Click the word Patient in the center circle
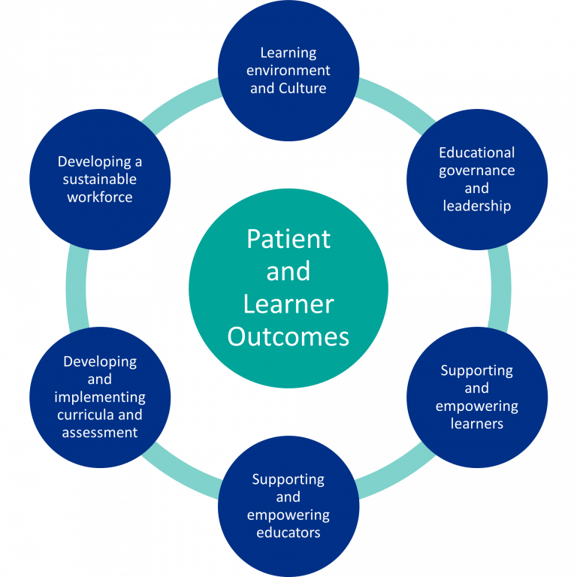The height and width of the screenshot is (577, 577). point(288,239)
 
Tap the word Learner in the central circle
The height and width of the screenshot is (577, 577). point(288,304)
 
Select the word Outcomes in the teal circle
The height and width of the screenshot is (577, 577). point(288,337)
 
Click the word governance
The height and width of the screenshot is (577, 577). point(477,171)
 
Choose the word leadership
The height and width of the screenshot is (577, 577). point(477,206)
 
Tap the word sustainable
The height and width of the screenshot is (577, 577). point(100,180)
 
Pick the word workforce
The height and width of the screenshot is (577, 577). point(100,198)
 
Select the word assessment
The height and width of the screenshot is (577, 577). point(100,433)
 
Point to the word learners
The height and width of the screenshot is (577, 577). point(477,424)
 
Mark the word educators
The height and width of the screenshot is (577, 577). point(288,533)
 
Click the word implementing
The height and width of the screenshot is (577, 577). point(100,397)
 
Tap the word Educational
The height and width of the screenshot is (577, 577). point(477,153)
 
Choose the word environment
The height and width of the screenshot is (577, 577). point(288,71)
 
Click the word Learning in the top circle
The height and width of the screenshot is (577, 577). point(288,53)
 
